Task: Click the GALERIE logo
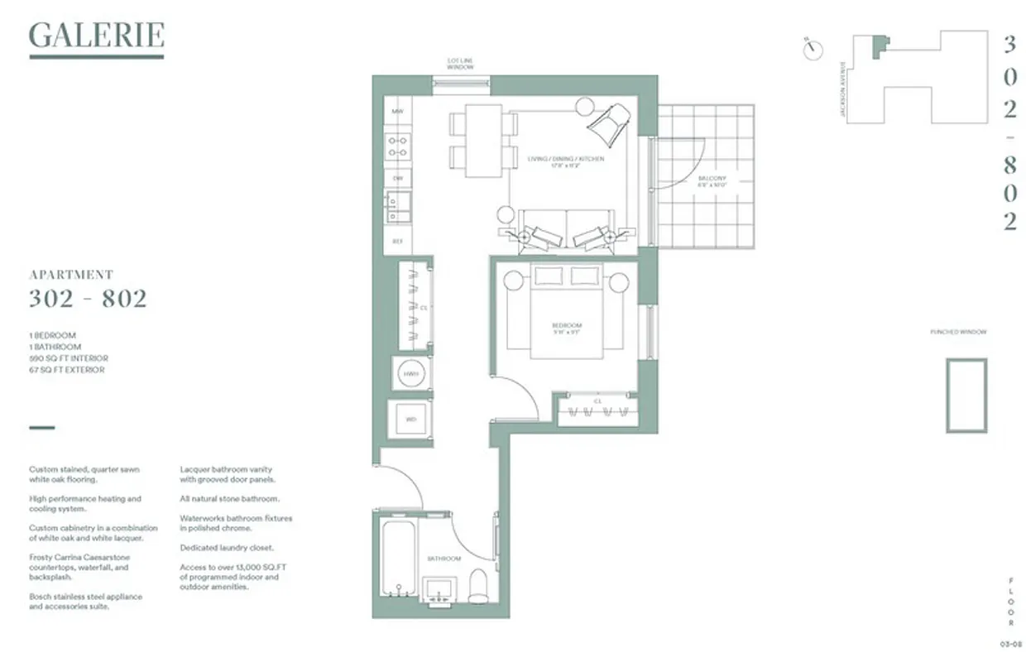[96, 36]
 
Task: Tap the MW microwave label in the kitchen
[397, 111]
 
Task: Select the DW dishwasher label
[397, 178]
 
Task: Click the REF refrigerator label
[397, 241]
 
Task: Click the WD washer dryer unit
[410, 420]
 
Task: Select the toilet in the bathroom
[478, 586]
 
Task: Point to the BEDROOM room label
[568, 325]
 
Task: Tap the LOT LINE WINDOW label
[461, 65]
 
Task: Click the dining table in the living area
[483, 141]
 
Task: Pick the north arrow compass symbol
[813, 49]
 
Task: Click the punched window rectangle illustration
[966, 395]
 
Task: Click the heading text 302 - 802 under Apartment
[88, 299]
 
